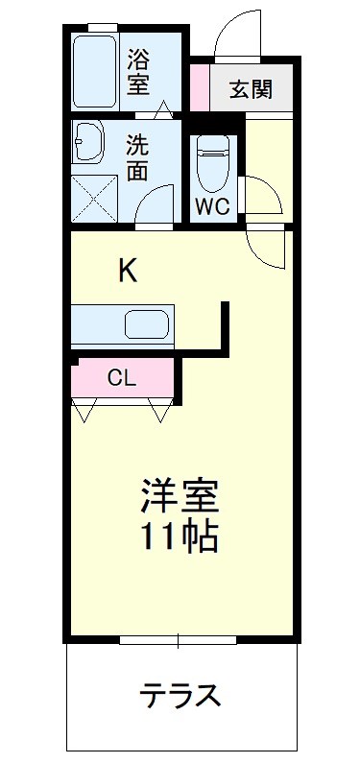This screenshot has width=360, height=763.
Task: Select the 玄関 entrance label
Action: click(251, 90)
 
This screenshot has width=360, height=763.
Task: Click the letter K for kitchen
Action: click(128, 272)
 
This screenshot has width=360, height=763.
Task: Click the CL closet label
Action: click(120, 378)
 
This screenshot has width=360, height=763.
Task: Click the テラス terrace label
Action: click(182, 693)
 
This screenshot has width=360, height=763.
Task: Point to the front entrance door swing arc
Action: click(234, 34)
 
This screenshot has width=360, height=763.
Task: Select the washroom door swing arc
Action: click(154, 203)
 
